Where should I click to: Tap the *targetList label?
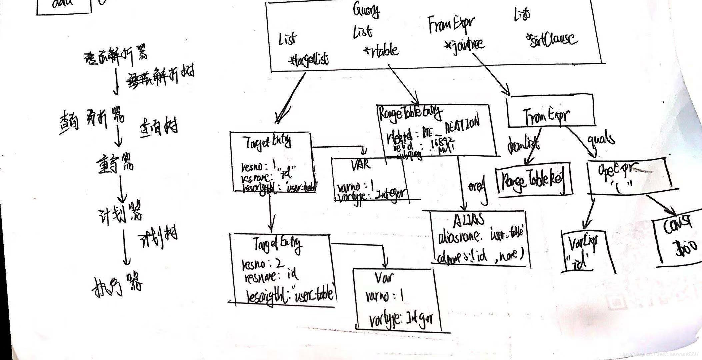click(x=309, y=60)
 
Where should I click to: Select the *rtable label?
click(x=381, y=50)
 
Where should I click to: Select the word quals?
click(x=601, y=138)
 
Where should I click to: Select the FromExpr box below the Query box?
click(x=550, y=112)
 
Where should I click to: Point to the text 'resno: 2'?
click(x=263, y=264)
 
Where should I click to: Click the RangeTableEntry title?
click(x=410, y=113)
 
